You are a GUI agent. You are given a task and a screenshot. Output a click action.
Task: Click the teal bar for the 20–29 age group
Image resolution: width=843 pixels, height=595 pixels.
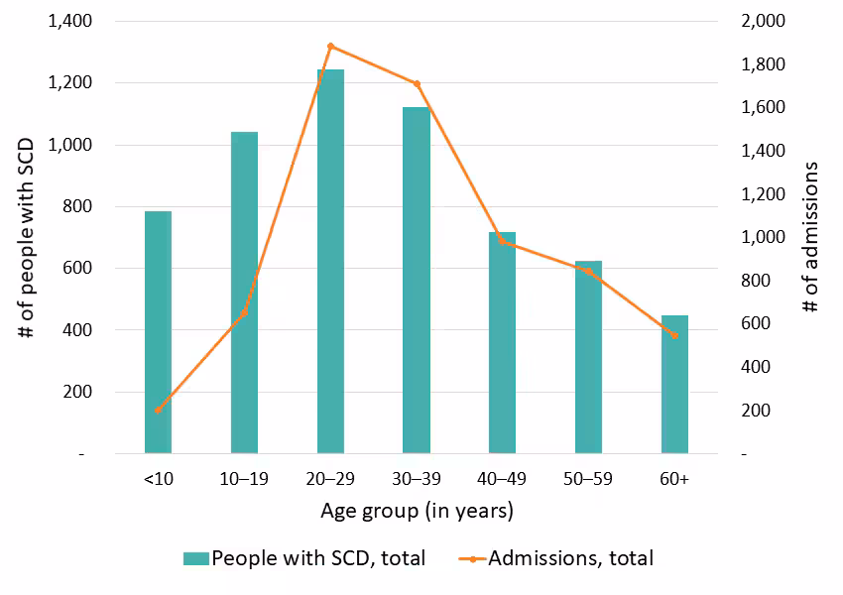pos(330,262)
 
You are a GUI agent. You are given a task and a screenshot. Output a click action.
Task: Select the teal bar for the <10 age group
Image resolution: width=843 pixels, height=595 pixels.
pos(158,332)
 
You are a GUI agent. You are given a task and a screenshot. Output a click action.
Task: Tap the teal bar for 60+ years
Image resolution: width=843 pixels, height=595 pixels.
pos(674,385)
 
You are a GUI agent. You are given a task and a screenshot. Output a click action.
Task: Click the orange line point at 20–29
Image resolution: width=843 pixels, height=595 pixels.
pos(330,46)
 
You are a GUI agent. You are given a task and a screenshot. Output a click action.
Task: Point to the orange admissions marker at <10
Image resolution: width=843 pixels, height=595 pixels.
pos(158,410)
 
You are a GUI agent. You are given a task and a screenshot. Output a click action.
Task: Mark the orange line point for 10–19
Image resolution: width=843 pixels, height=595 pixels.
pos(244,312)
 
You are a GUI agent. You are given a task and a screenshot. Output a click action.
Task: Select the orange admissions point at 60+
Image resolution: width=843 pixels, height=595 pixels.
pos(674,335)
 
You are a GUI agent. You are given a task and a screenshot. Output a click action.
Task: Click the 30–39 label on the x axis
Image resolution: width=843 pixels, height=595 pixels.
pos(417,479)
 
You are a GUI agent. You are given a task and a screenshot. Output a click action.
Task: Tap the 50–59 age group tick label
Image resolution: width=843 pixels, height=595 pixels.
pos(588,479)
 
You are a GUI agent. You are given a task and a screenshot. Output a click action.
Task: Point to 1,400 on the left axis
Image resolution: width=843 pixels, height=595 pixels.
pos(69,21)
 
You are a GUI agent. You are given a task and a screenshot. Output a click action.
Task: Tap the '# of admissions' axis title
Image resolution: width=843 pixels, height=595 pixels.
pos(812,237)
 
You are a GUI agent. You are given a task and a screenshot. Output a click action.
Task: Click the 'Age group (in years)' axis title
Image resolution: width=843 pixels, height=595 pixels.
pos(417,512)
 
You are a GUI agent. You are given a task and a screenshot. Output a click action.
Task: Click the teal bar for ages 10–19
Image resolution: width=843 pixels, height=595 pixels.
pos(244,293)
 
